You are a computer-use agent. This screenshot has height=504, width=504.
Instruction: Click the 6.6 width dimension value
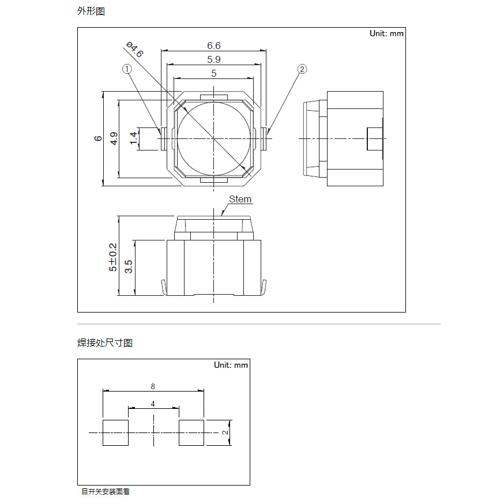[214, 46]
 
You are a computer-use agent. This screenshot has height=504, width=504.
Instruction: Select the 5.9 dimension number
[214, 59]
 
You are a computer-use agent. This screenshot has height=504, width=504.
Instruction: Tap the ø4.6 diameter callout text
[135, 49]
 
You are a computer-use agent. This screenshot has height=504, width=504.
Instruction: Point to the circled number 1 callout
[127, 69]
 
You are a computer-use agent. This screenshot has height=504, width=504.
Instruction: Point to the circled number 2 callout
[302, 69]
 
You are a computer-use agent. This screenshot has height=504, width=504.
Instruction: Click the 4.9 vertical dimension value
[114, 138]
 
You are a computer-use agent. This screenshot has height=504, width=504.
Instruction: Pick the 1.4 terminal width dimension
[133, 138]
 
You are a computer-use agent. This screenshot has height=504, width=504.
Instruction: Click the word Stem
[240, 200]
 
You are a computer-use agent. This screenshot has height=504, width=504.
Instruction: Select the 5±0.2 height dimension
[113, 257]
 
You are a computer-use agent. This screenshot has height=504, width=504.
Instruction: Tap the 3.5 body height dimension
[128, 266]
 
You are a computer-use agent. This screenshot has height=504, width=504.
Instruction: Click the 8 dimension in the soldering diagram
[153, 386]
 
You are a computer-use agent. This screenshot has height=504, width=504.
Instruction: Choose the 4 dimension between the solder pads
[153, 404]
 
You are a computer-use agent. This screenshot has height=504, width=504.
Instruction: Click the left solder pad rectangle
[115, 432]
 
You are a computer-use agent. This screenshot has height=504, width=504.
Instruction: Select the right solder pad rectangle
[191, 432]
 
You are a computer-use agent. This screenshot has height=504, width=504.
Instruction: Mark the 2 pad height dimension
[225, 432]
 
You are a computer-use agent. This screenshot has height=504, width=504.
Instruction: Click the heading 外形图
[91, 12]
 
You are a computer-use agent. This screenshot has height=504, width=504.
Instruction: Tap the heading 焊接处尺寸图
[105, 343]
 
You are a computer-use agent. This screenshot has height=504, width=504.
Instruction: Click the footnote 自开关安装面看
[106, 491]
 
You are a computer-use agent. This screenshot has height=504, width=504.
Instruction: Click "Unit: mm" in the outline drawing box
[386, 33]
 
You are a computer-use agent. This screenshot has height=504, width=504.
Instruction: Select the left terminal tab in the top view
[163, 138]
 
